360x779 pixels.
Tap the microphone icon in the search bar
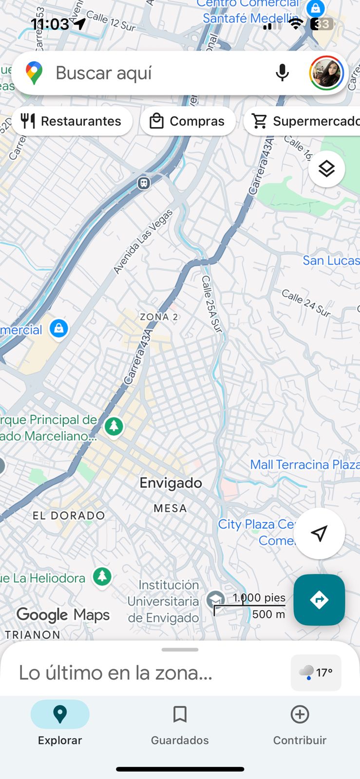tap(282, 73)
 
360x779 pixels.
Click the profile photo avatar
tap(326, 73)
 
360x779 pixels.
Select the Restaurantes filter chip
tap(72, 121)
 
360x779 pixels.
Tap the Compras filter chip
tap(188, 121)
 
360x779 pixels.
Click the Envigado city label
tap(171, 483)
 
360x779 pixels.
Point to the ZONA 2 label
tap(159, 317)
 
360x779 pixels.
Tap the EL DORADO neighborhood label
tap(69, 516)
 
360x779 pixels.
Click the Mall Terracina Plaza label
tap(304, 464)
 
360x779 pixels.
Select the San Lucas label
tap(331, 260)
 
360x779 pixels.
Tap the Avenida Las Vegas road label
tap(143, 241)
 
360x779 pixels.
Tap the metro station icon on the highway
tap(143, 183)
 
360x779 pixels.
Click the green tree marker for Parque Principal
tap(114, 427)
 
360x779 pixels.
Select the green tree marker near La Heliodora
tap(102, 577)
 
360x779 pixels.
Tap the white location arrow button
tap(319, 534)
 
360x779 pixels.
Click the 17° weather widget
tap(316, 672)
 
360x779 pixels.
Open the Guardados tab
tap(180, 723)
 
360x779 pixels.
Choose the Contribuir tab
tap(300, 723)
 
